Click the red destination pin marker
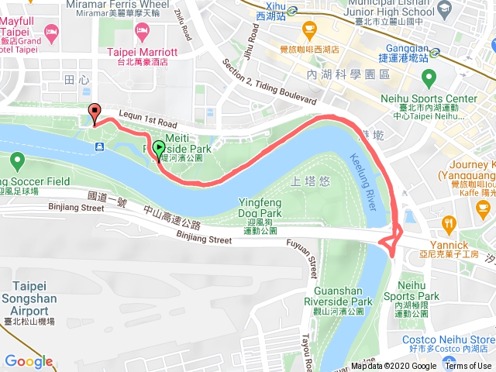pyautogui.click(x=95, y=113)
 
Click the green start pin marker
pyautogui.click(x=159, y=148)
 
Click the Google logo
pyautogui.click(x=29, y=361)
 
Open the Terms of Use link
pyautogui.click(x=468, y=367)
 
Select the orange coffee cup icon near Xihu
pyautogui.click(x=310, y=32)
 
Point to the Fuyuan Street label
pyautogui.click(x=313, y=257)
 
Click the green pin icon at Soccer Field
pyautogui.click(x=16, y=162)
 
